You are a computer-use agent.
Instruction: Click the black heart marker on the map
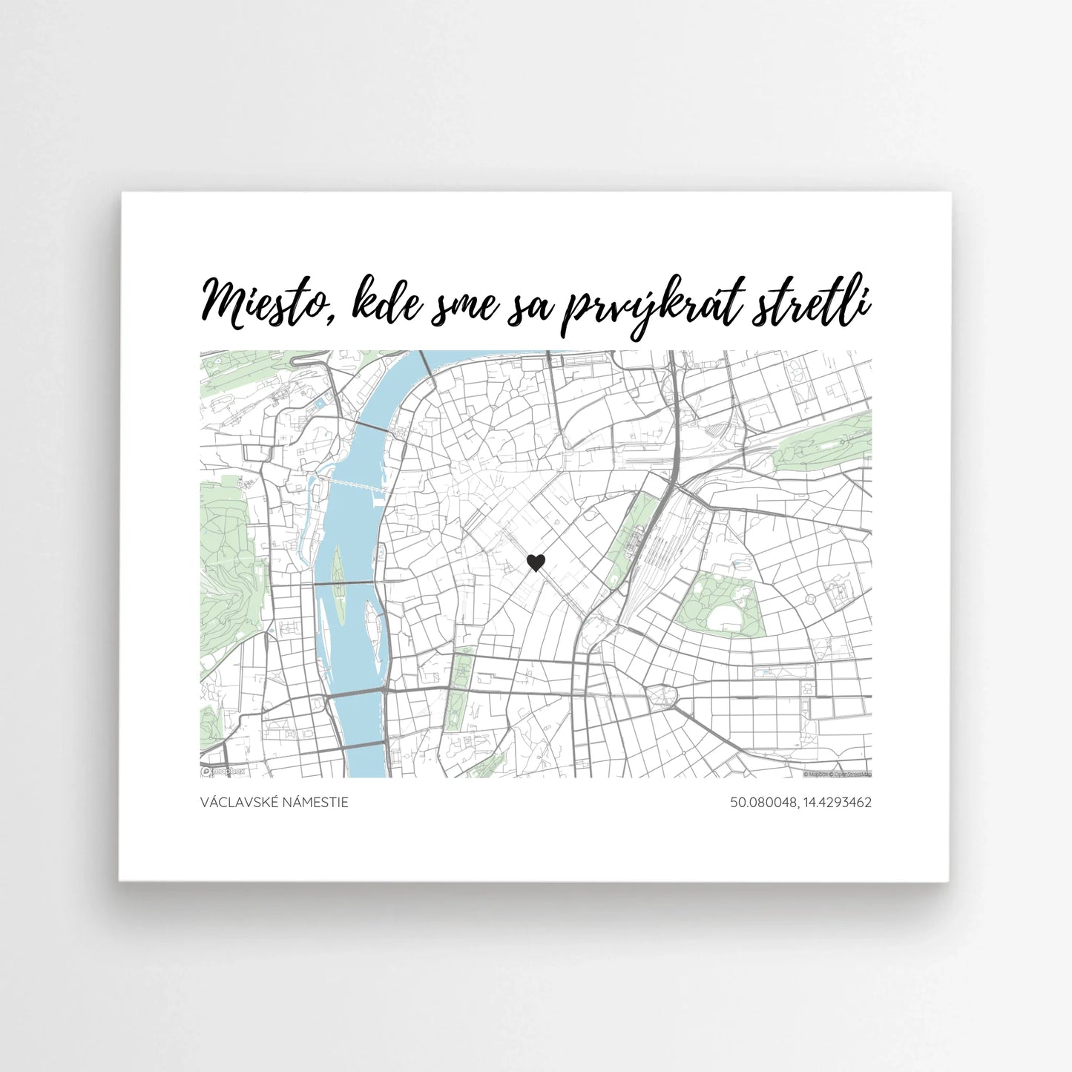pyautogui.click(x=536, y=563)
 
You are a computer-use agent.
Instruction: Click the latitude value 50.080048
pyautogui.click(x=760, y=803)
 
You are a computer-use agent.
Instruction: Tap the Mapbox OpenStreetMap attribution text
pyautogui.click(x=838, y=774)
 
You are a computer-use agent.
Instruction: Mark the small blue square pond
pyautogui.click(x=320, y=405)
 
